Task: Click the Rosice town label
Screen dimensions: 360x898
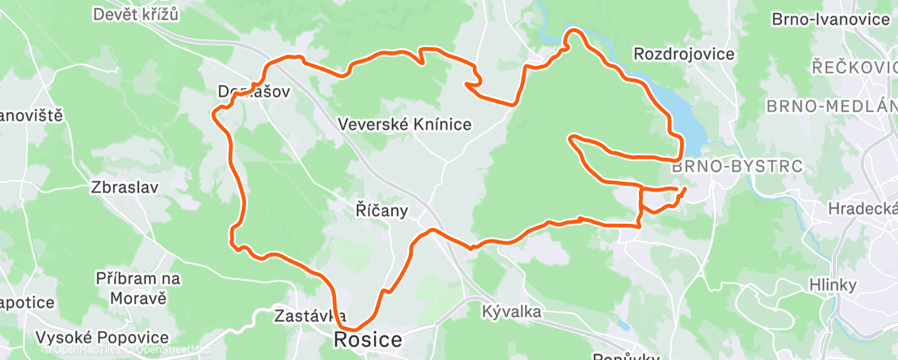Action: (x=368, y=339)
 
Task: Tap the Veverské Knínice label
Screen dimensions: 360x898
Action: (x=404, y=125)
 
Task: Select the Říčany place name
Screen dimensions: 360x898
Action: (x=382, y=211)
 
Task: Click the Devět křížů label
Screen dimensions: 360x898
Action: (x=136, y=14)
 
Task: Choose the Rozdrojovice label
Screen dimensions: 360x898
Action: (x=683, y=54)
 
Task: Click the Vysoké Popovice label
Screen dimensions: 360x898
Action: (x=102, y=338)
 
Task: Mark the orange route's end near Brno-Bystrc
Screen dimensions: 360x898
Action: (x=684, y=189)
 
